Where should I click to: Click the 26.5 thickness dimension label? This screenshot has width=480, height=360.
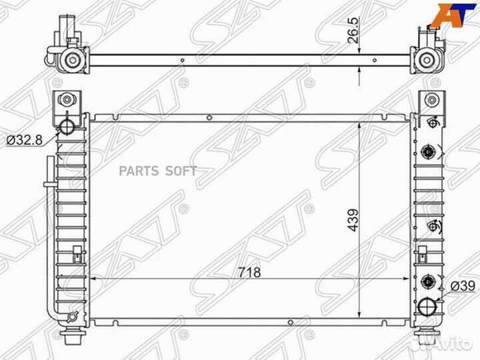[x=353, y=30]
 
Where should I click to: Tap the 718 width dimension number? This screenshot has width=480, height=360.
[x=249, y=272]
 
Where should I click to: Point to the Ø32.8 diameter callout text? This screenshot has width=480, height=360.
[x=24, y=140]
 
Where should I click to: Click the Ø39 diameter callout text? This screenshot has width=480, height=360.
[x=463, y=286]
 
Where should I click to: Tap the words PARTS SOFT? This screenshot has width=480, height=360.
[x=157, y=171]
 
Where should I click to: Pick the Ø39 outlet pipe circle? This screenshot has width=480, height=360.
[x=427, y=307]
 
